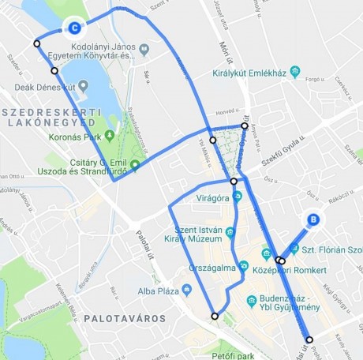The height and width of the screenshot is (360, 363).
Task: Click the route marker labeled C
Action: click(x=74, y=28)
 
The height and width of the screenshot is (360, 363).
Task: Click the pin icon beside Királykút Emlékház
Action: click(x=294, y=73)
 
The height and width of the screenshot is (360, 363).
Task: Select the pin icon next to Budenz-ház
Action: click(x=252, y=301)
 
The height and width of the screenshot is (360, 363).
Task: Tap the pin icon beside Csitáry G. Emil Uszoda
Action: click(x=135, y=165)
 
